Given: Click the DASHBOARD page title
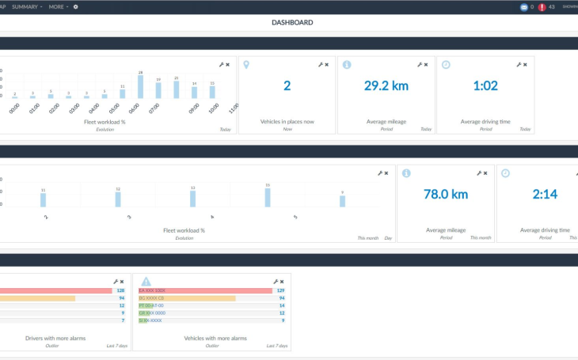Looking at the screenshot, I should pos(291,23).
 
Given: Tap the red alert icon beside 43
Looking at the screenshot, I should pos(542,7).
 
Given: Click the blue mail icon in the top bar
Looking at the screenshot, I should pos(523,7).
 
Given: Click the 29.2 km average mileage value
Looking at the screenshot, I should pos(386,85).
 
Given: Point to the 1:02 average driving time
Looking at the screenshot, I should pos(485,85).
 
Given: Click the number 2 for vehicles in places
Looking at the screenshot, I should pos(287,85).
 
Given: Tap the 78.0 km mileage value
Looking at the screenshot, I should pos(445,194).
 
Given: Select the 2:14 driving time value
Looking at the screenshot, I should pos(544,194).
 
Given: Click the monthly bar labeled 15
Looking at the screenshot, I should pos(268,198).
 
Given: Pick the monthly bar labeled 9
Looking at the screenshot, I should pos(342,201).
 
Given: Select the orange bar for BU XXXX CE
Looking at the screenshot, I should pos(187,298).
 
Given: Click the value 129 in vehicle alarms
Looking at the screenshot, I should pos(280,290).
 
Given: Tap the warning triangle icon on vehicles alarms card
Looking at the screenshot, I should pos(146,281).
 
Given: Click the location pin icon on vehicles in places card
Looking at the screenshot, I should pos(246,64).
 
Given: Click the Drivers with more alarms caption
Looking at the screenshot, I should pos(55,338).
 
